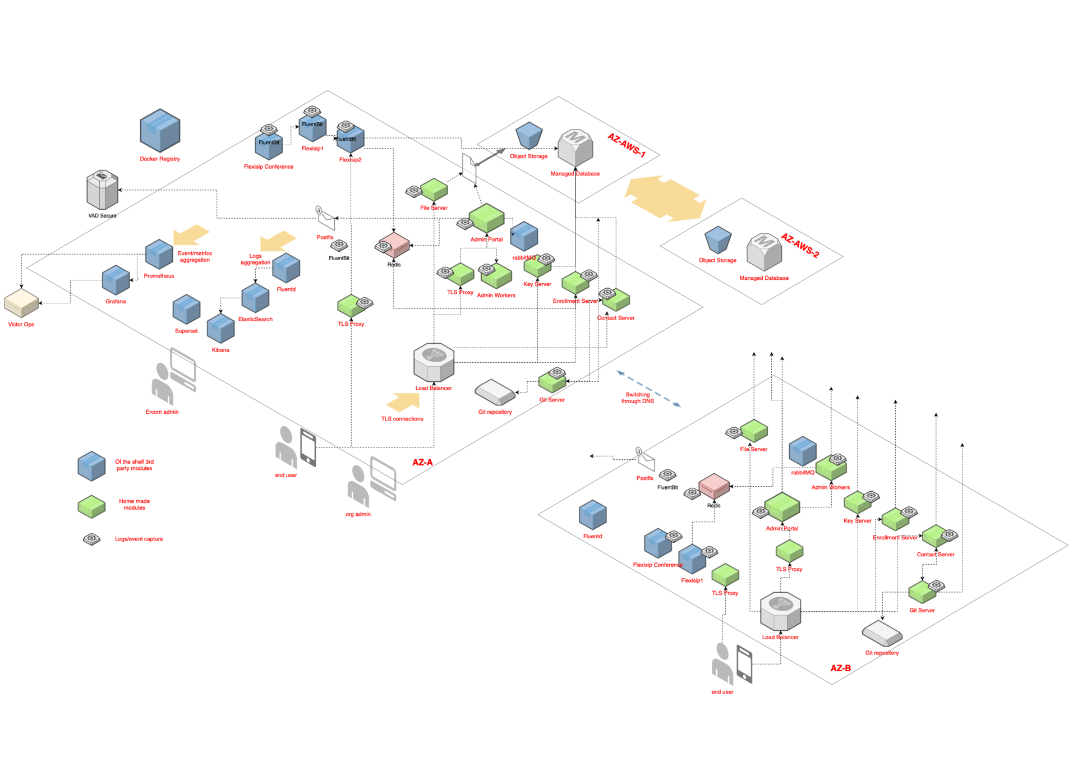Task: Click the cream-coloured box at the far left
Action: point(21,303)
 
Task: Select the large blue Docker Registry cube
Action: point(160,131)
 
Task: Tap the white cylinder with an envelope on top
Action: point(103,190)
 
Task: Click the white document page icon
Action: point(469,168)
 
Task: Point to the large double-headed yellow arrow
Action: point(665,198)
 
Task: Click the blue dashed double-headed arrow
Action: point(648,388)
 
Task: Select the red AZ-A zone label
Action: point(422,463)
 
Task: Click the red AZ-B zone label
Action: point(840,668)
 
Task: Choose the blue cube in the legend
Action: point(91,466)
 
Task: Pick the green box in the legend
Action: point(91,506)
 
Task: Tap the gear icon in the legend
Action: point(91,539)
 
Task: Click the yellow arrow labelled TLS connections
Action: point(403,401)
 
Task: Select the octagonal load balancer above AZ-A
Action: point(434,362)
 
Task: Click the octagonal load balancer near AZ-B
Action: point(780,612)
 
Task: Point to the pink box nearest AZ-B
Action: point(714,486)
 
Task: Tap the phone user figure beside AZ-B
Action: point(731,664)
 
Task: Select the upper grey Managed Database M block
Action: point(575,148)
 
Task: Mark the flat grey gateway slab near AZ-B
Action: point(882,633)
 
